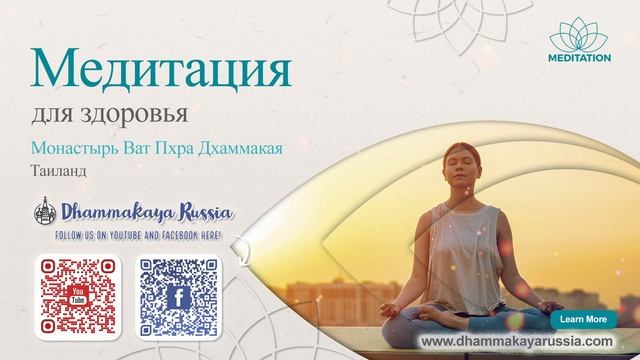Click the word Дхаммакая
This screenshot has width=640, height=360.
pos(240,148)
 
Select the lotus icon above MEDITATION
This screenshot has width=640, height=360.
pos(579,37)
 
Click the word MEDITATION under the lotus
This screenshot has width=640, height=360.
pos(579,59)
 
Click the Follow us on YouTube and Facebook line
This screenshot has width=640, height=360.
pos(141,235)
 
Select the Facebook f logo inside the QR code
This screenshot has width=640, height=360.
pos(178,298)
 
